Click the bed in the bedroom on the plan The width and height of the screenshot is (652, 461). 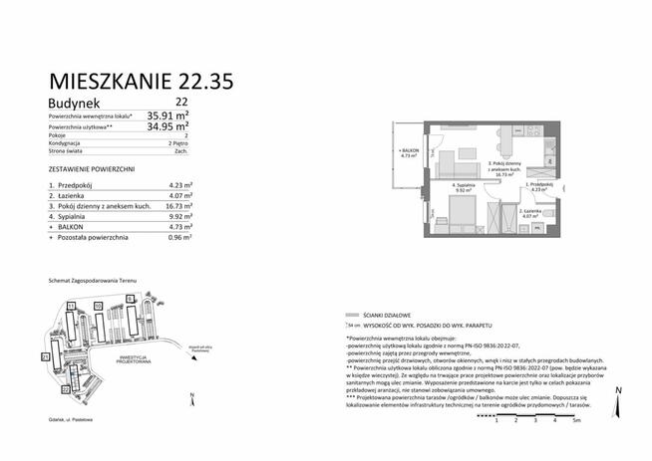tap(462, 211)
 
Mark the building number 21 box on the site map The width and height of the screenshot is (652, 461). tap(45, 355)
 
